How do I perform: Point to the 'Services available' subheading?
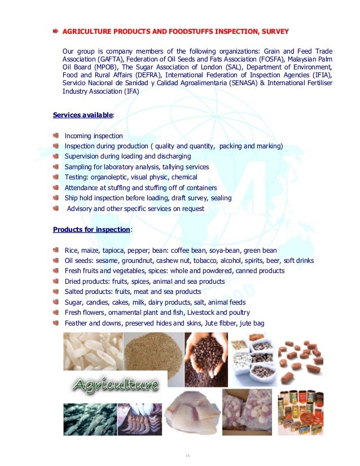(x=83, y=115)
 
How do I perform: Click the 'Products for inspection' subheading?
(x=91, y=230)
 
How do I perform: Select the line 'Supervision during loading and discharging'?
(x=128, y=156)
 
